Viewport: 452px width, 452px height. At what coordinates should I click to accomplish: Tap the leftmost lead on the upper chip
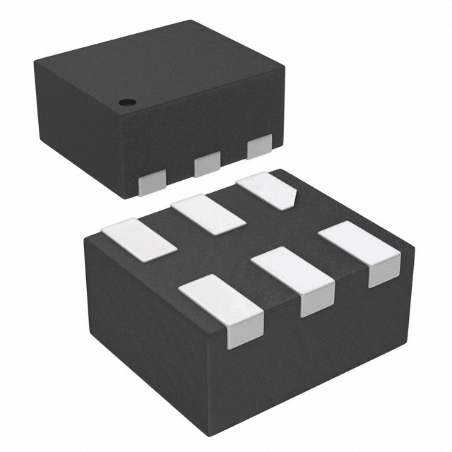151,184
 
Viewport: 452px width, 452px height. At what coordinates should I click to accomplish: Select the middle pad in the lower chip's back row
207,215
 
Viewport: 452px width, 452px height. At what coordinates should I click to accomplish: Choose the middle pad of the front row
290,272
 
